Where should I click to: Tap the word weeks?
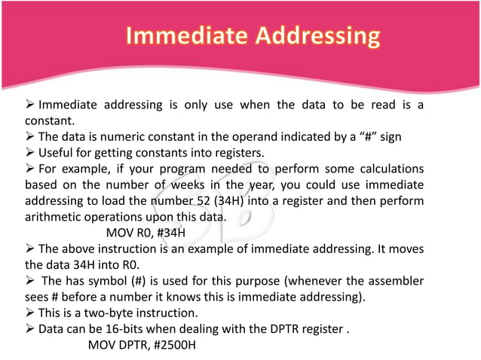(x=188, y=185)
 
